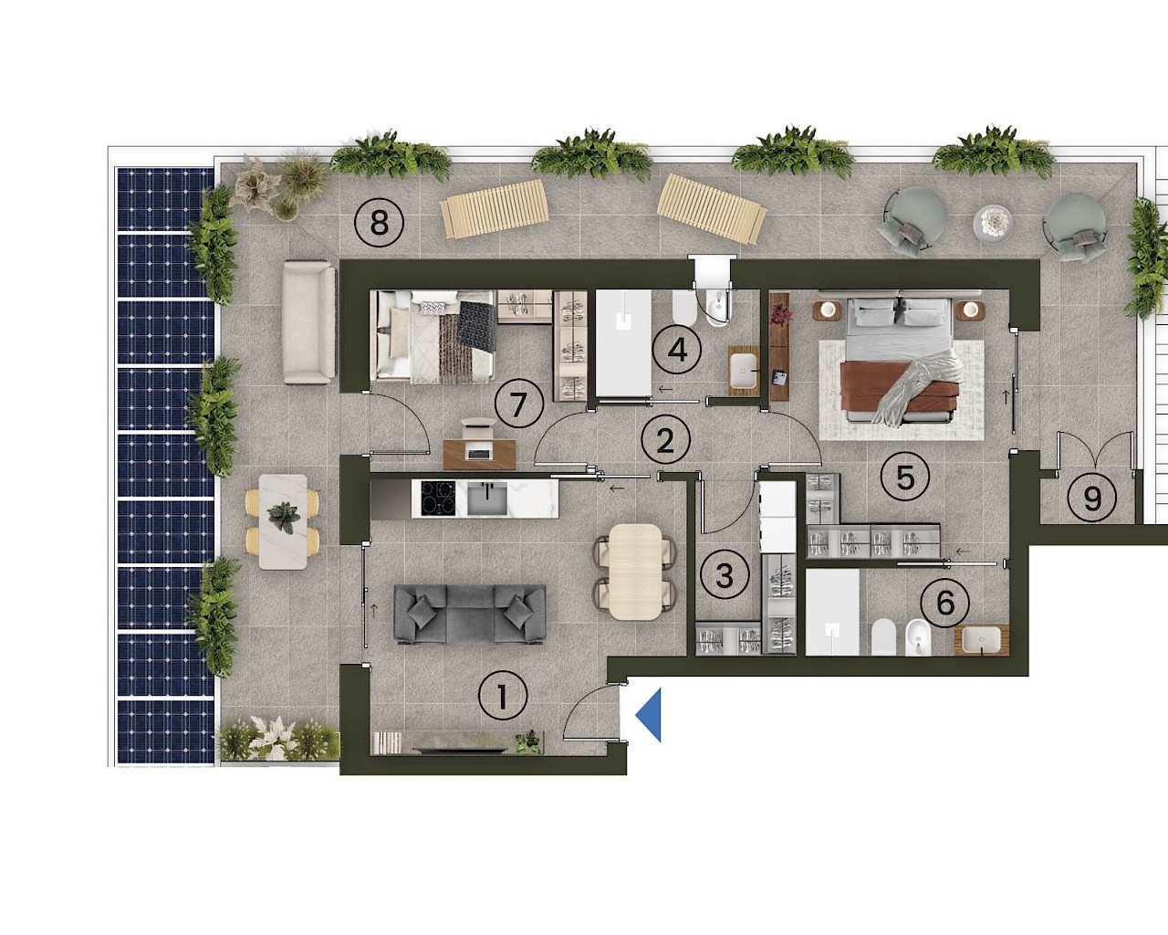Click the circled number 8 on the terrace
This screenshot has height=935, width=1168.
click(x=379, y=223)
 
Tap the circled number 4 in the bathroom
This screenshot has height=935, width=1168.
click(x=677, y=350)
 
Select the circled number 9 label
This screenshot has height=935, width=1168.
click(x=1092, y=499)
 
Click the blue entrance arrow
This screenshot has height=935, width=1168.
click(x=649, y=715)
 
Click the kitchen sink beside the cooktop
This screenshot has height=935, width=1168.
click(x=487, y=498)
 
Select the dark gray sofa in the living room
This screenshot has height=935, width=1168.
click(x=469, y=615)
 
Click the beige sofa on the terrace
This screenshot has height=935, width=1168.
click(x=308, y=322)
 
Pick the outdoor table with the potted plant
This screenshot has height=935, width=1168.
click(x=283, y=522)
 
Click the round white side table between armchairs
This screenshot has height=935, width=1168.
click(x=993, y=222)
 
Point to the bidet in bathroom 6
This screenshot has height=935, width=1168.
click(x=918, y=637)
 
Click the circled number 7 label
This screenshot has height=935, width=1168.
click(x=519, y=404)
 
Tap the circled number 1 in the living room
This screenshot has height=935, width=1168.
click(x=503, y=696)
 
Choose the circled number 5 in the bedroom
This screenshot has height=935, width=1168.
click(x=905, y=477)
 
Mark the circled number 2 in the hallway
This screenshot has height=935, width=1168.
click(x=665, y=439)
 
